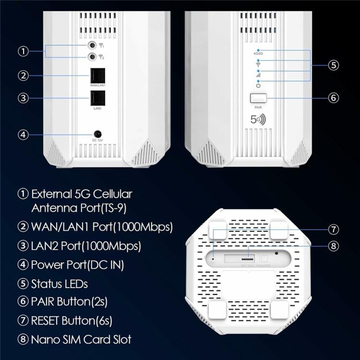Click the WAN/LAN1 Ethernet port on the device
click(x=97, y=75)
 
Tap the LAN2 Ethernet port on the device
click(x=97, y=98)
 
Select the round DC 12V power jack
click(x=97, y=133)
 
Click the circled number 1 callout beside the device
click(x=23, y=51)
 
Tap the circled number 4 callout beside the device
click(x=23, y=134)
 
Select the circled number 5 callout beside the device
click(x=334, y=65)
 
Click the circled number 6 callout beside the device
click(x=334, y=97)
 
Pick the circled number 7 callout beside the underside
click(x=334, y=229)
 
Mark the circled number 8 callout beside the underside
click(x=334, y=246)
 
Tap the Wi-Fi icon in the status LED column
click(x=258, y=64)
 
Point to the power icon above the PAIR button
click(x=258, y=85)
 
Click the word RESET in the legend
click(x=49, y=319)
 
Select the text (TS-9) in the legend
click(x=116, y=208)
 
